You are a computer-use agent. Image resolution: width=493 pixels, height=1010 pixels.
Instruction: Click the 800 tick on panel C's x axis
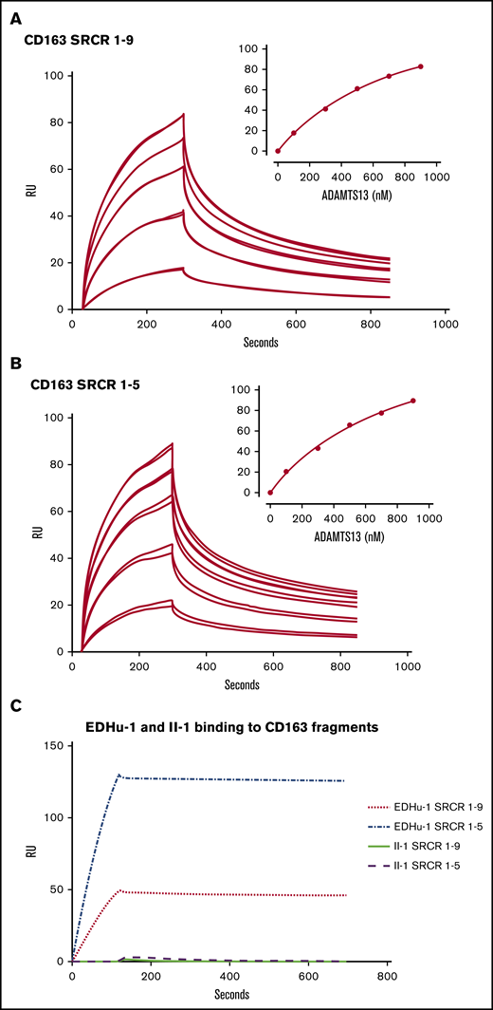pos(387,974)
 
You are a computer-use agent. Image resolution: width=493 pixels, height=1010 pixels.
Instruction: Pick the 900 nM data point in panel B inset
pos(413,401)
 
